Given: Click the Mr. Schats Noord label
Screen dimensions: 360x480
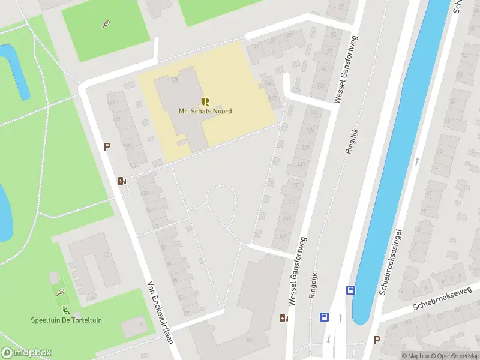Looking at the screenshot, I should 205,111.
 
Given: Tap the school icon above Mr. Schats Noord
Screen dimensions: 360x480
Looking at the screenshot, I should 205,101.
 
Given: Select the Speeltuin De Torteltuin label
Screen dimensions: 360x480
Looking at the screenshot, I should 66,320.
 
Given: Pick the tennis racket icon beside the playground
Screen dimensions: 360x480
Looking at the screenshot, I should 60,292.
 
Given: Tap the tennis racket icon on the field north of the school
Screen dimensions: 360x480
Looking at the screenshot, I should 106,25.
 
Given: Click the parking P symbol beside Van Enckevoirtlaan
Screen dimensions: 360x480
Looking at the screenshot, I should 107,146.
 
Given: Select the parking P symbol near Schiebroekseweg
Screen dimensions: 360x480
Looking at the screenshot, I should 377,340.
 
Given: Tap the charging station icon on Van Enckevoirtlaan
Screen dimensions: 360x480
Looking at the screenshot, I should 122,181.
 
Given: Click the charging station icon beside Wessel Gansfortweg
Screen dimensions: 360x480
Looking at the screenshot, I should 283,318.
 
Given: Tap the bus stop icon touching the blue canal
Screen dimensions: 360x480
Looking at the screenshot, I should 351,290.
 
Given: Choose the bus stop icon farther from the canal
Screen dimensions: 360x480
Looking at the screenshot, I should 325,317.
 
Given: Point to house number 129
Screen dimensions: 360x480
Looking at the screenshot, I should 305,148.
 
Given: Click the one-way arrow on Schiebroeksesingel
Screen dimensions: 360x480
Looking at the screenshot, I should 417,161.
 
